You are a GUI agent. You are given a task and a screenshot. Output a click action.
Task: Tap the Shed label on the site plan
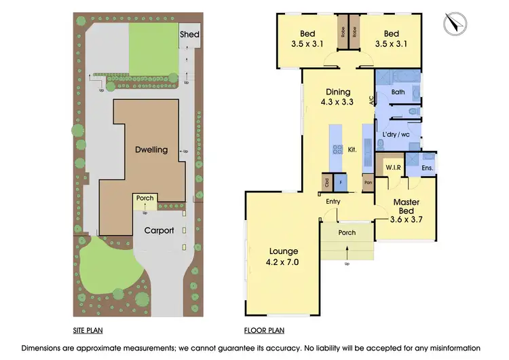[x=187, y=34]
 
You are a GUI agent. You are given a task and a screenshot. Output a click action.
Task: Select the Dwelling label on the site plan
[x=151, y=149]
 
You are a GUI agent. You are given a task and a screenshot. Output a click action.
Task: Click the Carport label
[x=159, y=230]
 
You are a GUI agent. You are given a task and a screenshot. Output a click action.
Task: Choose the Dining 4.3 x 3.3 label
[x=337, y=97]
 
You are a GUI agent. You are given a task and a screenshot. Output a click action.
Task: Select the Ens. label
[x=428, y=167]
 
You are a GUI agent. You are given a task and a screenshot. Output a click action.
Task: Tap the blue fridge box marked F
[x=339, y=182]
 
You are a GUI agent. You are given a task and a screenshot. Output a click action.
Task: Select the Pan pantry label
[x=368, y=182]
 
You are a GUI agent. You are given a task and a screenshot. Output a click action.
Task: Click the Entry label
[x=333, y=201]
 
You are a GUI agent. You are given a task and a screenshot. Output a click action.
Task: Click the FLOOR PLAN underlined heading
[x=264, y=331]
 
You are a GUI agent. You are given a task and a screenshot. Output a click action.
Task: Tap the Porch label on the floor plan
[x=347, y=233]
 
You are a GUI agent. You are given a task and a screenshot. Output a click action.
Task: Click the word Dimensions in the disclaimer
[x=43, y=348]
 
